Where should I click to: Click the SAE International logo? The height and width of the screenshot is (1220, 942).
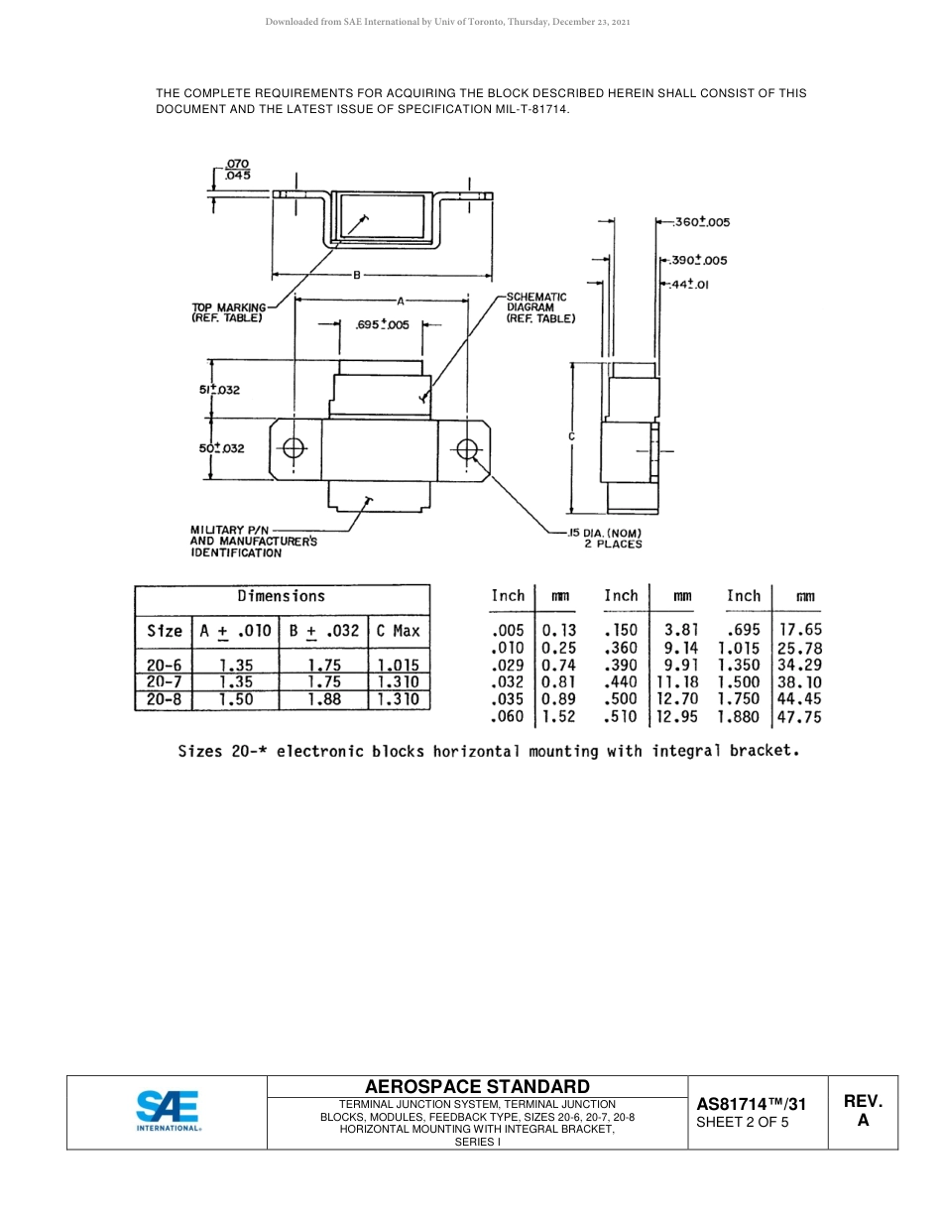tap(168, 1111)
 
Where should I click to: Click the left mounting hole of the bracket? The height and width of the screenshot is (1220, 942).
tap(294, 449)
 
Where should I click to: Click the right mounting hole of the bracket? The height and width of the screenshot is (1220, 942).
tap(468, 449)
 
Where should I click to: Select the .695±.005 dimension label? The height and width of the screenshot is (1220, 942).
tap(382, 324)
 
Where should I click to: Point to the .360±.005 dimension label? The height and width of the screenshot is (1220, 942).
tap(701, 222)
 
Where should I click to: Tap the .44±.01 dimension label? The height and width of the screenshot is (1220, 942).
tap(689, 285)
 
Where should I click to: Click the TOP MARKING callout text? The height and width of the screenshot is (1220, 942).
tap(228, 312)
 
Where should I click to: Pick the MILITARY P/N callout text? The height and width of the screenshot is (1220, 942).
tap(253, 542)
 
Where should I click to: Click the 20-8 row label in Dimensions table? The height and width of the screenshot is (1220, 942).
tap(164, 699)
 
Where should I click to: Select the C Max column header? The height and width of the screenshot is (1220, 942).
tap(399, 631)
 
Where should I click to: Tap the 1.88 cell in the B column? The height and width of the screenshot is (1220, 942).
tap(324, 699)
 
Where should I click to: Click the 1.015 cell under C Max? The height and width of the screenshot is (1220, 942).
tap(399, 666)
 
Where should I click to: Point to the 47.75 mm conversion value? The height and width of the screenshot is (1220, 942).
tap(799, 717)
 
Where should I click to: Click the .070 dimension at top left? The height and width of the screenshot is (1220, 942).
tap(237, 164)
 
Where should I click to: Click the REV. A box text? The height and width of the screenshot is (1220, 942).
tap(863, 1111)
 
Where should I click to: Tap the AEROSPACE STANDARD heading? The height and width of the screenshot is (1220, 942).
tap(477, 1087)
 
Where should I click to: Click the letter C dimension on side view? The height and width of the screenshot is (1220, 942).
tap(572, 436)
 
